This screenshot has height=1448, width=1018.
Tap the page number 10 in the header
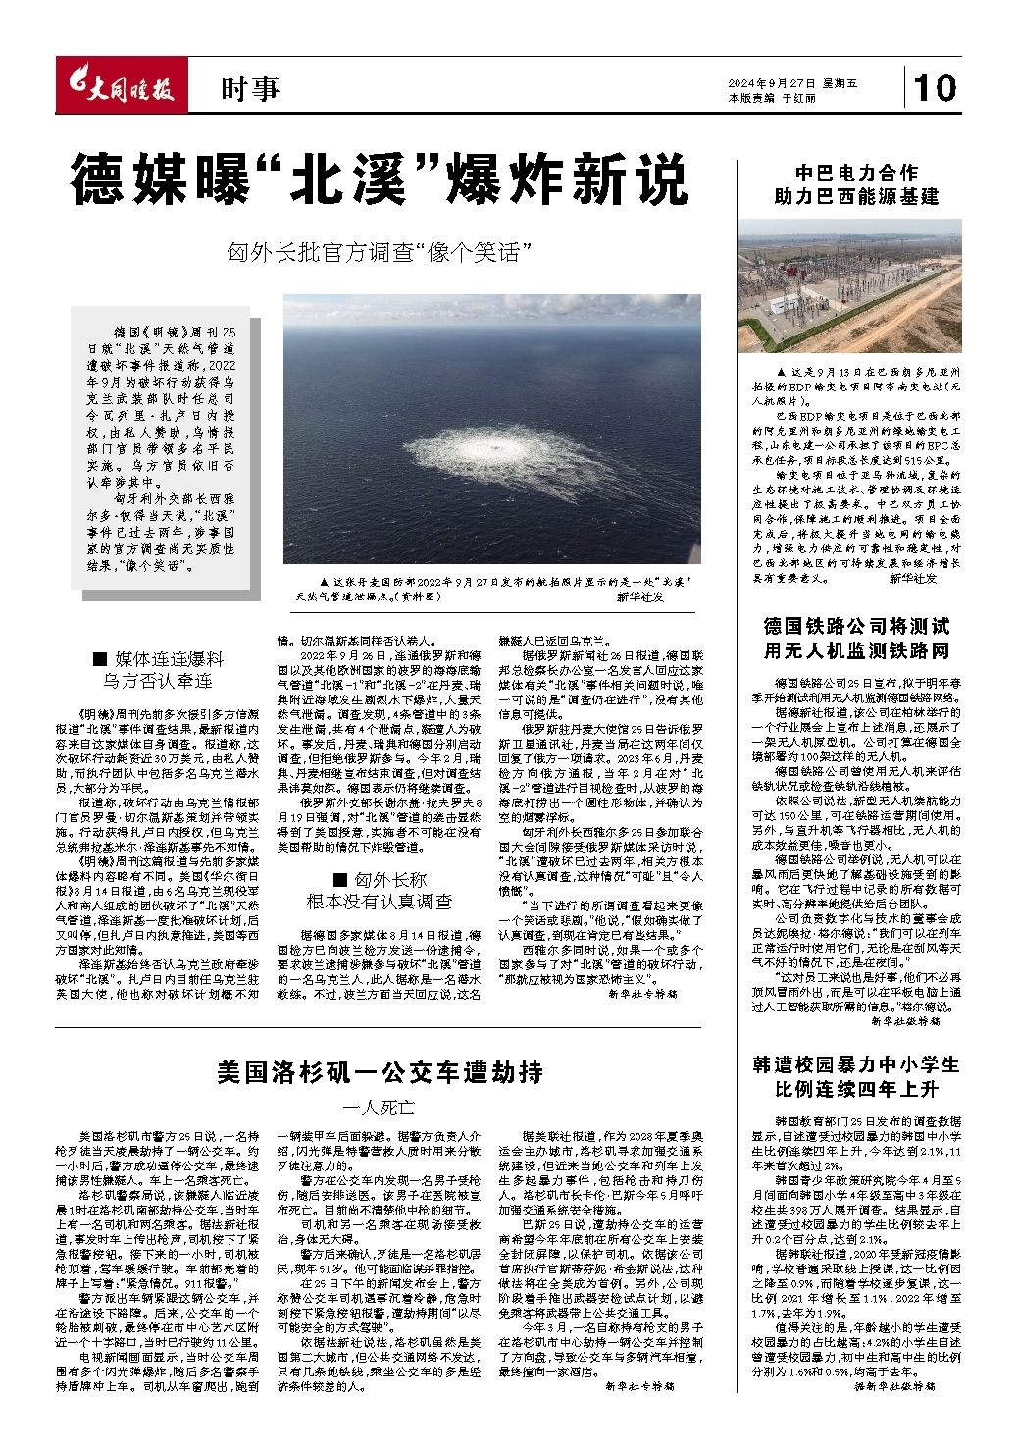[x=935, y=87]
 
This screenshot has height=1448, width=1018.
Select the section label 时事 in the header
[x=249, y=89]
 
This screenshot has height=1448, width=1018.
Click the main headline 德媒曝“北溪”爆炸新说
[x=380, y=180]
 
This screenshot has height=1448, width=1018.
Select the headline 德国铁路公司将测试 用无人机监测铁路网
[x=856, y=638]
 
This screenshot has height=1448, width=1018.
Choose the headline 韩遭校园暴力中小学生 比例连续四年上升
[x=856, y=1076]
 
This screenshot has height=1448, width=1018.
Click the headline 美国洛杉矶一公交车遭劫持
[x=380, y=1071]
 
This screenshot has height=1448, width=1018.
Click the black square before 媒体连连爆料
[x=99, y=658]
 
